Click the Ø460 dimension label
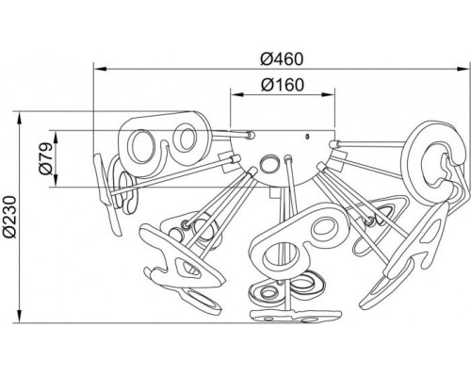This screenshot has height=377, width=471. [x=282, y=59]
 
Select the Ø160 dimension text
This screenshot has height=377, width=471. [x=283, y=85]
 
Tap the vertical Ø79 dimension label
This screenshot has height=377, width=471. [x=45, y=158]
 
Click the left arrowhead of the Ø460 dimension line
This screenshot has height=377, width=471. [x=101, y=69]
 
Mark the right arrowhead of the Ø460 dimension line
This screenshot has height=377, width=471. [x=463, y=69]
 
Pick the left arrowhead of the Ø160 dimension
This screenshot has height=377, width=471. [x=237, y=94]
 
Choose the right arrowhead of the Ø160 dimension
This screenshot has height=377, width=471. [x=329, y=94]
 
